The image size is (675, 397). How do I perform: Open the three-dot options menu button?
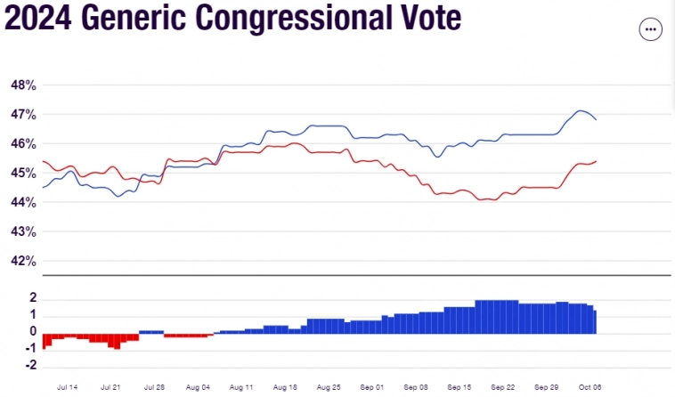pyautogui.click(x=651, y=28)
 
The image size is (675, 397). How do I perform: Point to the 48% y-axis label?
pyautogui.click(x=22, y=85)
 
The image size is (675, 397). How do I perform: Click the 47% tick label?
pyautogui.click(x=22, y=115)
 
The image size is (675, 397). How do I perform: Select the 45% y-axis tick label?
pyautogui.click(x=22, y=174)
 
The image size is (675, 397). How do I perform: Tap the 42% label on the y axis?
pyautogui.click(x=22, y=261)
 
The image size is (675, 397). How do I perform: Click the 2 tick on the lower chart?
pyautogui.click(x=32, y=297)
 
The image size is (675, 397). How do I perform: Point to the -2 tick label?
pyautogui.click(x=29, y=366)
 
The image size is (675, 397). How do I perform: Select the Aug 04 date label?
pyautogui.click(x=199, y=388)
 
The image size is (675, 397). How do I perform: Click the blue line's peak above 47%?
pyautogui.click(x=580, y=111)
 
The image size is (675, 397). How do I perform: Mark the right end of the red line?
pyautogui.click(x=596, y=161)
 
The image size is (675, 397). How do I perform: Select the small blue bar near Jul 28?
pyautogui.click(x=151, y=332)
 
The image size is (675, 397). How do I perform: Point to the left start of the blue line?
pyautogui.click(x=44, y=187)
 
